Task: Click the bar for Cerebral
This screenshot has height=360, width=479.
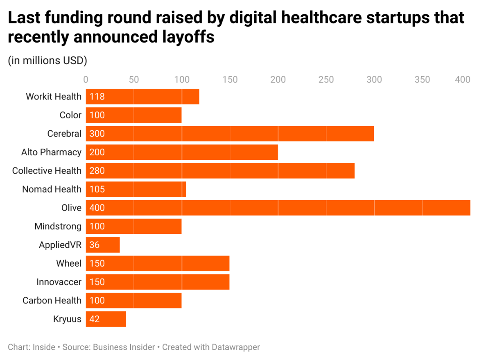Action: point(229,134)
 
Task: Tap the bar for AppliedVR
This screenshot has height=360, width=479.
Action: point(103,245)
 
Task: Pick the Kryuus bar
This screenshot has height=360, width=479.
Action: point(106,319)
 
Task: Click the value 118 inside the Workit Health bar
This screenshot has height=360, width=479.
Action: point(97,97)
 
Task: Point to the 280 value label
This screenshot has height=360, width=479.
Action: point(97,171)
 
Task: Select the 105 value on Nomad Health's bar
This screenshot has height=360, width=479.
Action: point(97,189)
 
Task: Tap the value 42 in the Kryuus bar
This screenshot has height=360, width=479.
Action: point(95,319)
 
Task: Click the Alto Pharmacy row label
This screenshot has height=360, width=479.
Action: point(51,152)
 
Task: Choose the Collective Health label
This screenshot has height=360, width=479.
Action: point(47,171)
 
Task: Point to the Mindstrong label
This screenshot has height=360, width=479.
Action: point(58,226)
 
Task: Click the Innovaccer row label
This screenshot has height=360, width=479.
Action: point(59,282)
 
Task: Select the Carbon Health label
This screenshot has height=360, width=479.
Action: point(52,301)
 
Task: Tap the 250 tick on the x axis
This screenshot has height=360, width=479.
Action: point(326,79)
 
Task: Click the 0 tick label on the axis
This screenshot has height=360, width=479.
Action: point(86,79)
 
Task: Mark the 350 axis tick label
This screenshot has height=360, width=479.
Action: point(422,79)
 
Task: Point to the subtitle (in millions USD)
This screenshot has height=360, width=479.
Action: point(47,61)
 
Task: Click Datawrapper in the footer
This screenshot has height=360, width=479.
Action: point(235,347)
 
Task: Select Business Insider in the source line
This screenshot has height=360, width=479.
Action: point(124,347)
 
